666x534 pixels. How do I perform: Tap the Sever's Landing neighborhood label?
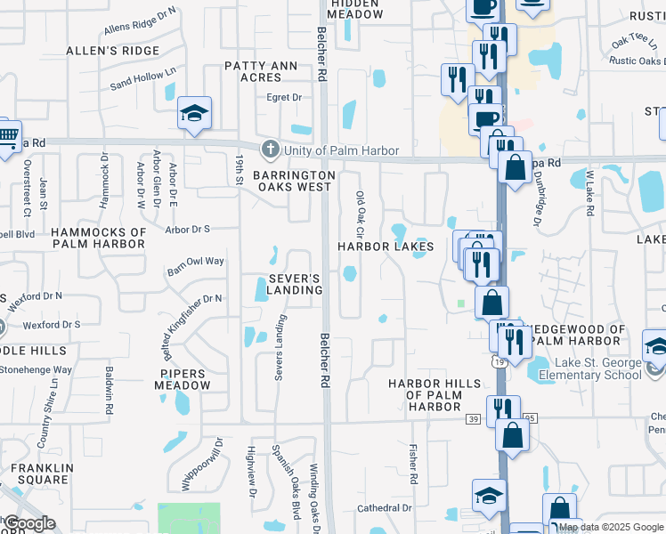(295, 284)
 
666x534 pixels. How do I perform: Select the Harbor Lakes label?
(386, 246)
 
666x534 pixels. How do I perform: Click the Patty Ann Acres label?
(265, 71)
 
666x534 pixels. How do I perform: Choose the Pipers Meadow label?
(183, 380)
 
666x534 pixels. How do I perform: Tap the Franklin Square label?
(39, 473)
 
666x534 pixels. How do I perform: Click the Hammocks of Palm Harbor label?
(99, 239)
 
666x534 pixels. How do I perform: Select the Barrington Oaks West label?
(294, 181)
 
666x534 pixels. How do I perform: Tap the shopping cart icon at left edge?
(8, 136)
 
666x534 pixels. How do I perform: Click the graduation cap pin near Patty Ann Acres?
(194, 113)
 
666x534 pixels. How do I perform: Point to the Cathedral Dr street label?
(384, 508)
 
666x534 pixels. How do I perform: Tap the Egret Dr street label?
(284, 97)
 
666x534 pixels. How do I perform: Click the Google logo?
(29, 523)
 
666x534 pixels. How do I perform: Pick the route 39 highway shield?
(471, 417)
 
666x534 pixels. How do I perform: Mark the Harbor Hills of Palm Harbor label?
(435, 394)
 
